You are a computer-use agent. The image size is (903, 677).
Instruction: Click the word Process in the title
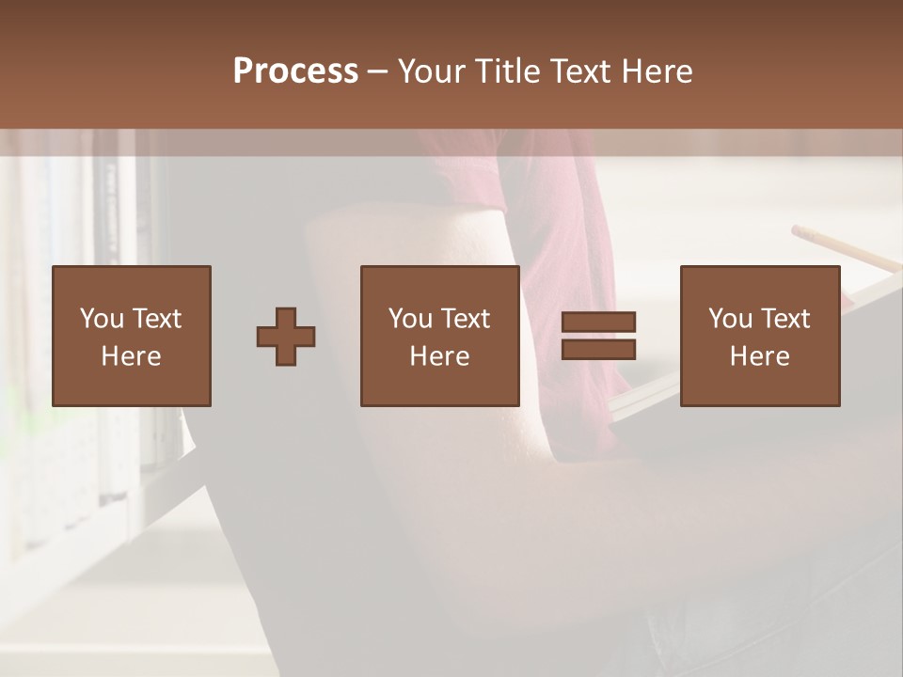tap(295, 71)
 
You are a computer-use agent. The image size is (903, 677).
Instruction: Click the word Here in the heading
tap(656, 71)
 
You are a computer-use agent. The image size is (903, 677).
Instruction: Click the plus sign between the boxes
tap(286, 337)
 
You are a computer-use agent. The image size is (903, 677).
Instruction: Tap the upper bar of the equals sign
tap(598, 323)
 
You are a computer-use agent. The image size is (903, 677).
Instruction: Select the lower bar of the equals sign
tap(598, 350)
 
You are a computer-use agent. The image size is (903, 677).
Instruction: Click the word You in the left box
tap(101, 319)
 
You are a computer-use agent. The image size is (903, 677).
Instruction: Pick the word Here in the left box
tap(131, 356)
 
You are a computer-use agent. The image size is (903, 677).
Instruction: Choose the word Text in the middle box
tap(466, 319)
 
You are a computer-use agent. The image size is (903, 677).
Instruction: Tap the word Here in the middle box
tap(439, 356)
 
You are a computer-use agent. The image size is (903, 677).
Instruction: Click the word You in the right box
tap(729, 319)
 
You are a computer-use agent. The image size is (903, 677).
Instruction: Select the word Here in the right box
tap(759, 356)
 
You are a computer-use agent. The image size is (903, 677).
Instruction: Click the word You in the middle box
tap(409, 319)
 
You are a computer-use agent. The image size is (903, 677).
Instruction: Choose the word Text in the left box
tap(157, 319)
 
